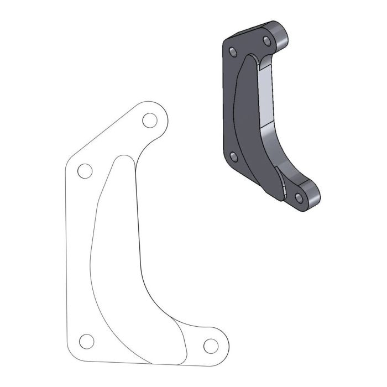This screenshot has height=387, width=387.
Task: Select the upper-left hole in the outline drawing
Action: point(85,171)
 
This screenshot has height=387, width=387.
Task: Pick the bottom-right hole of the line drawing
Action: point(210,346)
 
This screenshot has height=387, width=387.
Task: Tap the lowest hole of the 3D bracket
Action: point(299,197)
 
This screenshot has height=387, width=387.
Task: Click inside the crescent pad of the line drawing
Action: point(119,249)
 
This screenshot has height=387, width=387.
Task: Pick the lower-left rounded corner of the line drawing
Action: point(71,354)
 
